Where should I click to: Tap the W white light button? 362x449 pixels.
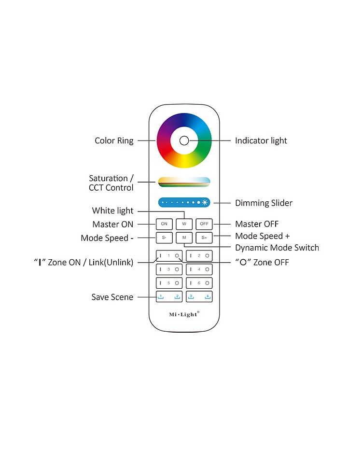coord(184,224)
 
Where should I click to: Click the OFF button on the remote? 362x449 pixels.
coord(204,224)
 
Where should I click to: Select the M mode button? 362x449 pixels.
coord(184,238)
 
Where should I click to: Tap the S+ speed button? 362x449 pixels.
coord(204,238)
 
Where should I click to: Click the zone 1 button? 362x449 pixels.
coord(169,255)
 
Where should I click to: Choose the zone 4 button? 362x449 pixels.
coord(199,269)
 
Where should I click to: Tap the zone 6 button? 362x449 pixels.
coord(199,283)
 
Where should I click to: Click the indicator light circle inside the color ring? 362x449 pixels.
coord(184,140)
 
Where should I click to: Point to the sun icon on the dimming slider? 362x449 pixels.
coord(205,202)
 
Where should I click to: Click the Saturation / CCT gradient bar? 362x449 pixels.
coord(184,182)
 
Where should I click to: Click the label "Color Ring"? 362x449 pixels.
coord(114,140)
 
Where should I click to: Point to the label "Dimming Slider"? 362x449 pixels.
coord(264,203)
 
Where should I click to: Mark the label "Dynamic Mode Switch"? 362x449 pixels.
coord(277,248)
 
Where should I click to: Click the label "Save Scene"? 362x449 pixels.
coord(112,297)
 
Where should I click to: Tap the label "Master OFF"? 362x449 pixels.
coord(257,224)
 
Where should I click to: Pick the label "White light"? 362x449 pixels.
coord(113,211)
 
